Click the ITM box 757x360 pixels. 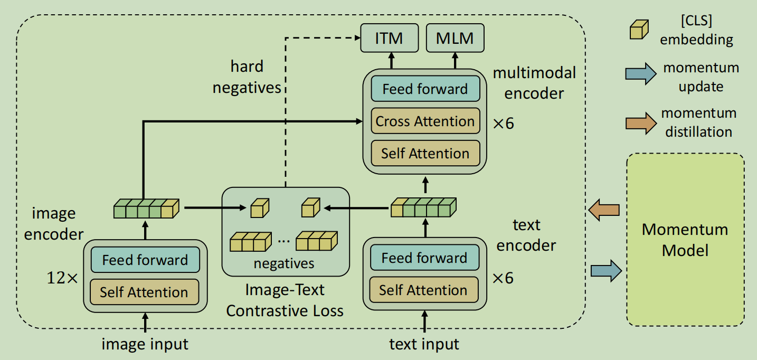coord(390,39)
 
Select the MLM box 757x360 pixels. coord(455,39)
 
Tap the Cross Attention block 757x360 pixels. coord(425,121)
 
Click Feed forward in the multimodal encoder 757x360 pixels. coord(425,89)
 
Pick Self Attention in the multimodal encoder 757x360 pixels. coord(425,154)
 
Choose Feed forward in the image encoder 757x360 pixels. coord(145,260)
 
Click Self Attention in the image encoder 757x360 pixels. coord(144,292)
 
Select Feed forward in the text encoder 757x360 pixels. coord(424,258)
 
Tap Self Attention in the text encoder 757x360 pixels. coord(423,290)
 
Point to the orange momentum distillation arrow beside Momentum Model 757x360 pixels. coord(604,210)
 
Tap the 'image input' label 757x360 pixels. coord(145,345)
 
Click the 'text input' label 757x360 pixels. coord(424,345)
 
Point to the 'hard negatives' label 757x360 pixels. coord(247,77)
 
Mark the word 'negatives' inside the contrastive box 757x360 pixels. coord(284,263)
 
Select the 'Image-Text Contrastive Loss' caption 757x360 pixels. coord(285,300)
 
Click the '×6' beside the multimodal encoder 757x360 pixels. coord(503,124)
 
